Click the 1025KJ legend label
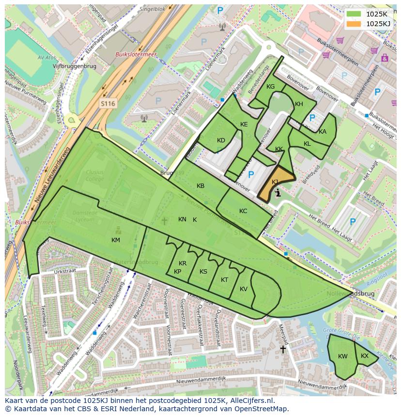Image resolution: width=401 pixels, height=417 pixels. pos(378,24)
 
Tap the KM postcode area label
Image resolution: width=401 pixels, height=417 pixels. pos(116,240)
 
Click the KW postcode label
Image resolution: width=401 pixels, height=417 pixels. pos(343,356)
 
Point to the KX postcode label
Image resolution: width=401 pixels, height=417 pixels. pos(365,356)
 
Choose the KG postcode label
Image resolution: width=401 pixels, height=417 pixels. pos(270,87)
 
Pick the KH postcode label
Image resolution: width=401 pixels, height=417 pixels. pos(299,104)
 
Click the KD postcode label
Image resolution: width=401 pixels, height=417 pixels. pos(221,140)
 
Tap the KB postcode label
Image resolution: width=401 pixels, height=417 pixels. pos(200,186)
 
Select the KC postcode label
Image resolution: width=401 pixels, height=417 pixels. pos(243,211)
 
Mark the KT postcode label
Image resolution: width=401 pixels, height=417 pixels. pos(224,280)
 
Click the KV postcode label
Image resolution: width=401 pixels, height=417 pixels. pos(244,289)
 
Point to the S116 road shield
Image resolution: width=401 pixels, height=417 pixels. pos(108,104)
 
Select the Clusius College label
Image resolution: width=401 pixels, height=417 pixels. pos(95,175)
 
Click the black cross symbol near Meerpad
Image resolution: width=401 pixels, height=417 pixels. pos(283,349)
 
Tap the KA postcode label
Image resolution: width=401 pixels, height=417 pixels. pos(323,132)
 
